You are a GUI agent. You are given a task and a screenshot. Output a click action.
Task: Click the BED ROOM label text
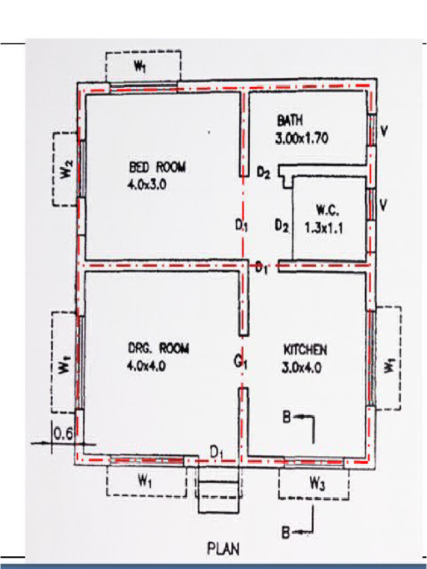[158, 167]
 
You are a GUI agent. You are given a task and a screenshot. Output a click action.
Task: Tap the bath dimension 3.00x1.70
[301, 139]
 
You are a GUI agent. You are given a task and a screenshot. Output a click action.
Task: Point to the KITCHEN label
[305, 350]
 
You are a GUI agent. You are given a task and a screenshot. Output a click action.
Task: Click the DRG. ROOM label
[158, 349]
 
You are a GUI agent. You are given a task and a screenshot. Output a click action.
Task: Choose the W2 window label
[66, 169]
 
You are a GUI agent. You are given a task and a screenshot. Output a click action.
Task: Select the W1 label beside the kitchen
[390, 366]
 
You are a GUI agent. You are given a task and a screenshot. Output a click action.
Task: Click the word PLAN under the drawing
[224, 549]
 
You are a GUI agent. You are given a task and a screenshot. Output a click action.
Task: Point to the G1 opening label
[240, 363]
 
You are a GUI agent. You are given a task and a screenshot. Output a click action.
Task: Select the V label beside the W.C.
[383, 205]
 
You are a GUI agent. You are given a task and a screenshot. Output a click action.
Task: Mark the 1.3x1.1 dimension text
[323, 227]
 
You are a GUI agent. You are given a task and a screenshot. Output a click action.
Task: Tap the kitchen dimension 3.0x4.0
[303, 367]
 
